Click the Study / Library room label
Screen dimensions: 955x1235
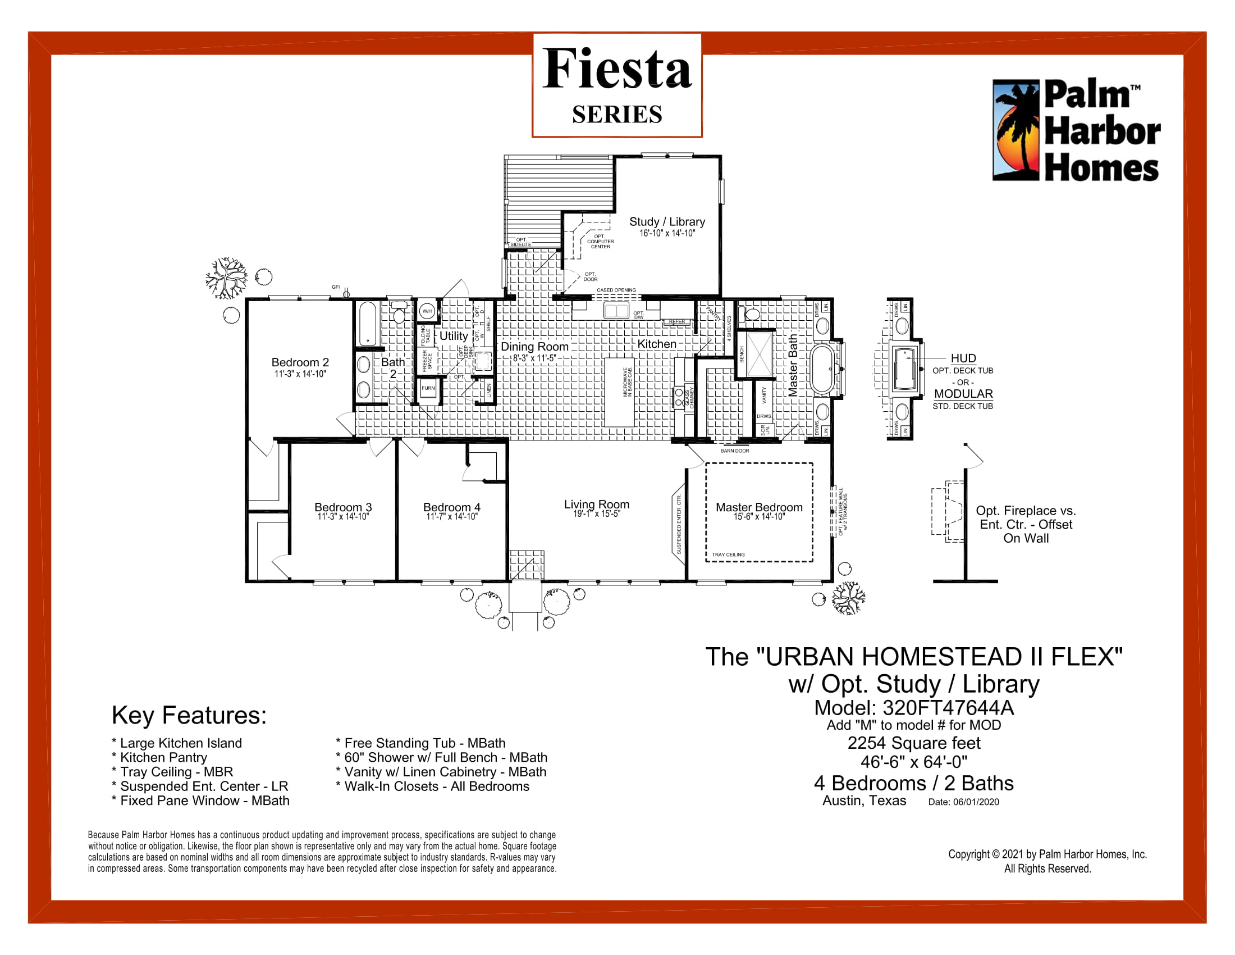667,222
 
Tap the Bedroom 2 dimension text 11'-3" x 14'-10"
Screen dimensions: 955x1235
300,374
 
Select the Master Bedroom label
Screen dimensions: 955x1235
759,507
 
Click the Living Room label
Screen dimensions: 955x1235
596,504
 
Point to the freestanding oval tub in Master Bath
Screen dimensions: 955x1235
822,369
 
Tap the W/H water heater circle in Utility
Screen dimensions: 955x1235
427,311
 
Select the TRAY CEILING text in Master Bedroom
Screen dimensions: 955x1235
728,554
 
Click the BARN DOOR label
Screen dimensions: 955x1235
735,451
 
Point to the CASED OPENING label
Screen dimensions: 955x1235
616,290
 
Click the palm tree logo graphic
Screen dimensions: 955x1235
1016,130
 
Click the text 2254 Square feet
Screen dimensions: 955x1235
913,743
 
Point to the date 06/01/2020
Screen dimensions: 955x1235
976,802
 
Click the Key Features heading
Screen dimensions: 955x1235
189,715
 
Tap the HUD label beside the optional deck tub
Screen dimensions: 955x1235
963,358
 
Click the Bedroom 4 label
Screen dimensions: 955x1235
451,507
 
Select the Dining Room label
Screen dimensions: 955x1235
534,347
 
